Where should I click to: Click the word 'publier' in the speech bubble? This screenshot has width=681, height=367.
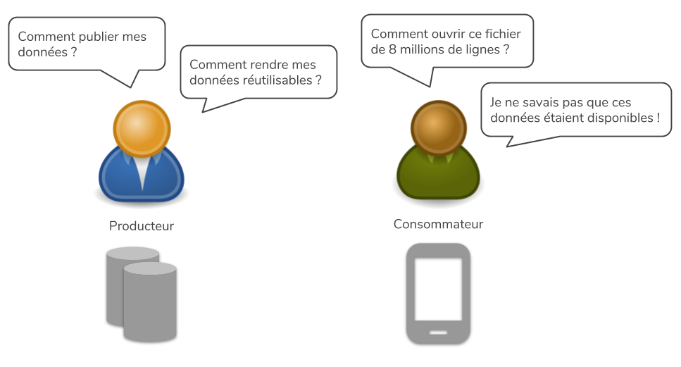(x=94, y=37)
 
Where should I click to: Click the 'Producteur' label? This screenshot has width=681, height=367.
(x=142, y=226)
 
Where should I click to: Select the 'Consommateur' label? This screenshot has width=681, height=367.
(x=438, y=225)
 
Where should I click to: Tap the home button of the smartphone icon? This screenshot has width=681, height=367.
(x=438, y=331)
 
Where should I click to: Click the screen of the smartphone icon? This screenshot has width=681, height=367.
(x=438, y=287)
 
